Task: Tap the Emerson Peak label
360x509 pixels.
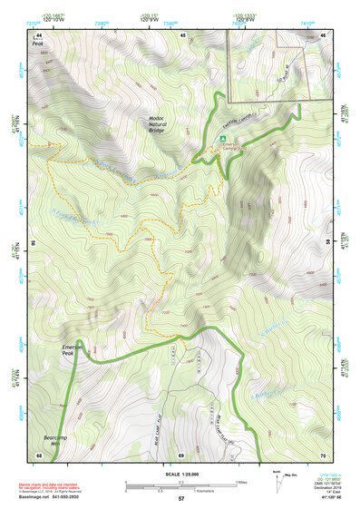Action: click(72, 350)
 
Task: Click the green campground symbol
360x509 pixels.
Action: click(223, 140)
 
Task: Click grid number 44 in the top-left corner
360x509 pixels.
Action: click(39, 34)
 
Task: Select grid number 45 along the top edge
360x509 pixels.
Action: click(183, 34)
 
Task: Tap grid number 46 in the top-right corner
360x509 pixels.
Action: click(324, 34)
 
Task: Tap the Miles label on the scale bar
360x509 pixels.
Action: click(241, 482)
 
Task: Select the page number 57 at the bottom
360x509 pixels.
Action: click(181, 500)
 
